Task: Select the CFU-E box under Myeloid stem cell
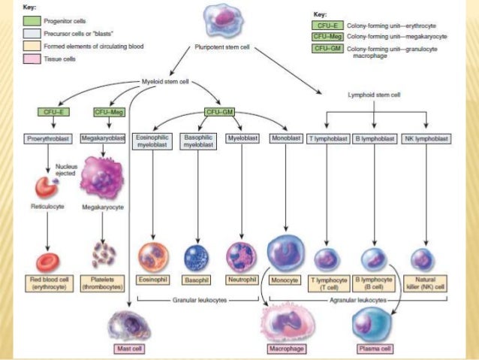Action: click(60, 112)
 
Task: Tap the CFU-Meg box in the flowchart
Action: click(108, 112)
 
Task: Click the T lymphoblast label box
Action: click(327, 140)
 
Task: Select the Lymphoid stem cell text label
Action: click(374, 96)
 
